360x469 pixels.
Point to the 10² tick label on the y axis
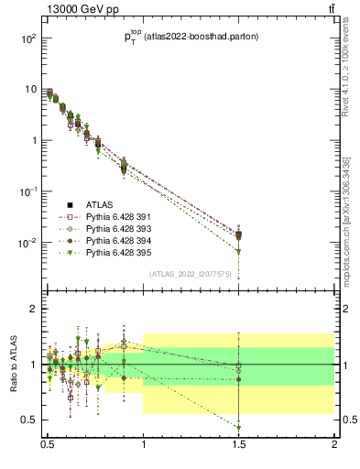click(x=28, y=39)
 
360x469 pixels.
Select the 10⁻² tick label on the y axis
click(x=28, y=243)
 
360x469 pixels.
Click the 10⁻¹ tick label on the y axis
click(x=28, y=191)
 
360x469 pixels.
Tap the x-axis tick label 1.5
click(x=239, y=450)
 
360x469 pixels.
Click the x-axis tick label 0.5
click(x=48, y=450)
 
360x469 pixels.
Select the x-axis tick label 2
click(x=334, y=450)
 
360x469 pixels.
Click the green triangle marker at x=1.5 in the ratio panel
click(x=239, y=428)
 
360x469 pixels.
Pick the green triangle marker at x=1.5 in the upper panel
click(x=239, y=251)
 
